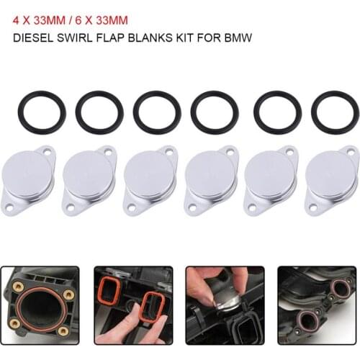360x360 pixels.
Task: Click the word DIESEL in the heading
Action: tap(33, 37)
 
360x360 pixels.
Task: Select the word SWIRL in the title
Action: tap(74, 37)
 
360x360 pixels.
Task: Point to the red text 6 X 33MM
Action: tap(102, 20)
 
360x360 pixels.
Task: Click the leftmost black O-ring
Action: tap(42, 112)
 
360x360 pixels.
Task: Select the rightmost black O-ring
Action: tap(336, 112)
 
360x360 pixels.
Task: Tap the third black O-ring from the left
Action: tap(157, 112)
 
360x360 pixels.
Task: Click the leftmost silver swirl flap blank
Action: tap(28, 181)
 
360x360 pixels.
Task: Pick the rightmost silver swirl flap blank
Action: tap(333, 181)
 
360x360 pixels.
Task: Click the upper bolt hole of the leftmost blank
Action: tap(48, 152)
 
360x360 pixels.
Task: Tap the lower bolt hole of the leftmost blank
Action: tap(9, 208)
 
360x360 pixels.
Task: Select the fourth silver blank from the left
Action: tap(212, 181)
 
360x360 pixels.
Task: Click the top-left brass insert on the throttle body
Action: tap(17, 286)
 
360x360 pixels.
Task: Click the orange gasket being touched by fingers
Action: tap(153, 308)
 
